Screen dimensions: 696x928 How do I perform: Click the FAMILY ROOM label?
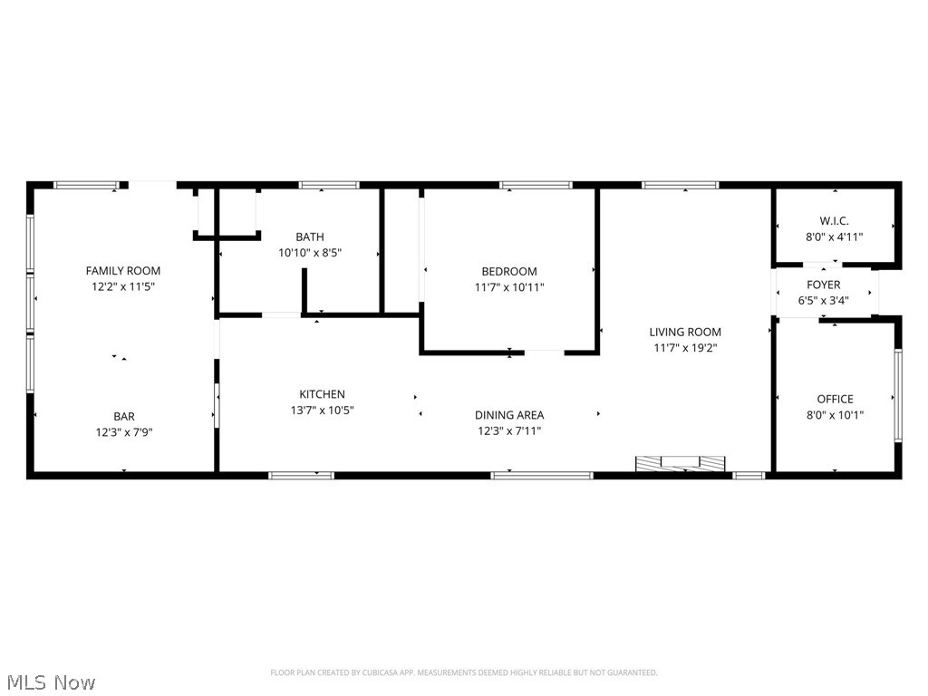coord(123,270)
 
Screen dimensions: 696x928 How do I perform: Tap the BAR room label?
coord(124,416)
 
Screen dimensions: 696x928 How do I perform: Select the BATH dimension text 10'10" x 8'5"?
coord(309,253)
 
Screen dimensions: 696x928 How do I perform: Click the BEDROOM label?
coord(508,271)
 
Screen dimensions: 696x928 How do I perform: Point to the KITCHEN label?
coord(322,394)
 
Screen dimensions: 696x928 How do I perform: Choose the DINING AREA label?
coord(509,415)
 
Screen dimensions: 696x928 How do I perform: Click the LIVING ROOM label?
coord(685,332)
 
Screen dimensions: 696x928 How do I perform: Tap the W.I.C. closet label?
coord(835,220)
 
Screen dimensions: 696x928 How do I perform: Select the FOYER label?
coord(823,285)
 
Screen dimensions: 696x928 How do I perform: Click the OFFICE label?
coord(835,399)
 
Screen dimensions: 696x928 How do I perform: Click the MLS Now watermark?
coord(49,681)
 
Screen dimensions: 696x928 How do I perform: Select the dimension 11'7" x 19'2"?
coord(685,347)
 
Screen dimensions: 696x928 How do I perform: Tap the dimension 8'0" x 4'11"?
coord(835,237)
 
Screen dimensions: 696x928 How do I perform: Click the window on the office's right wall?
coord(897,395)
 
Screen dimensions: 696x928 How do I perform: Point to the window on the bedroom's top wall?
coord(536,185)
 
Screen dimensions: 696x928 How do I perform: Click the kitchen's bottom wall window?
coord(301,474)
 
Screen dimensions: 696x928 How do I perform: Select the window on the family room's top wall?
coord(86,185)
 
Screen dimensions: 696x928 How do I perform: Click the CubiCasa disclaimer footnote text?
coord(464,672)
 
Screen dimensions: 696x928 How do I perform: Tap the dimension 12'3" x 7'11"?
coord(509,430)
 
